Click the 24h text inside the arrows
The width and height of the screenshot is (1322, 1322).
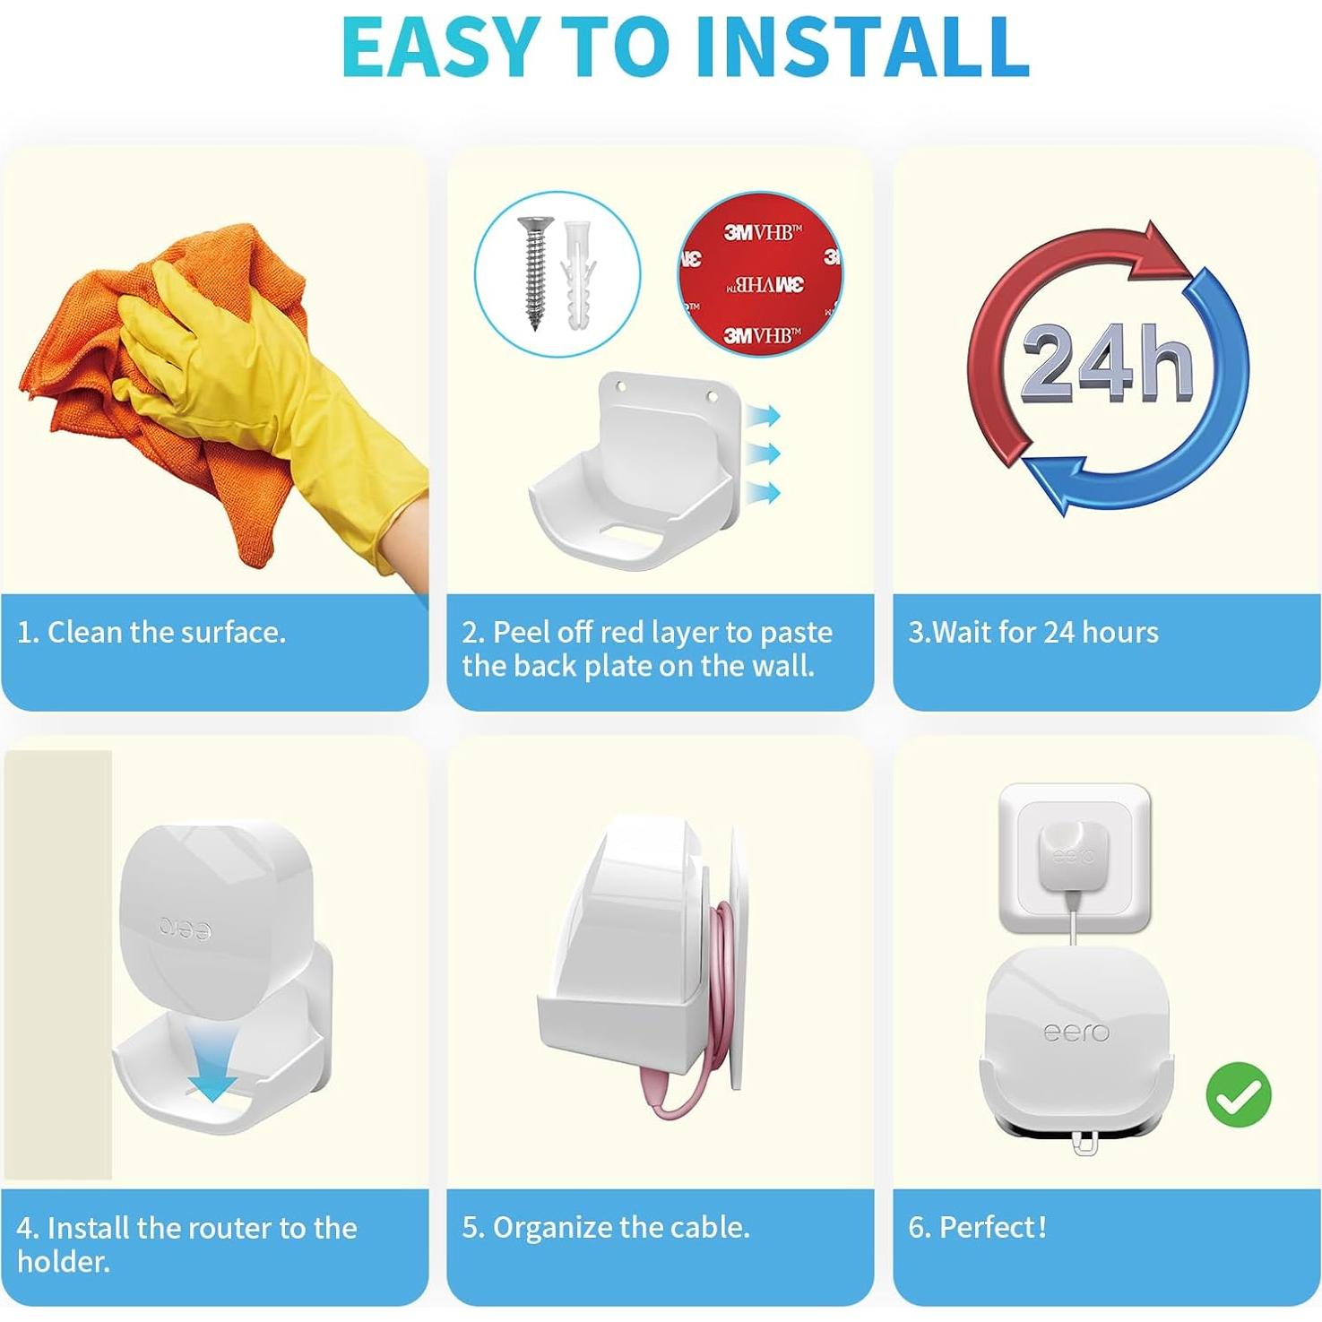(x=1107, y=363)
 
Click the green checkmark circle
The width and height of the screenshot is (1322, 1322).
(x=1239, y=1094)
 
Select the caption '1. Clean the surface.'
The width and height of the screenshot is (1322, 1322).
(x=151, y=633)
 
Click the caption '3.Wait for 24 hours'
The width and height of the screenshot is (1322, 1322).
(x=1033, y=633)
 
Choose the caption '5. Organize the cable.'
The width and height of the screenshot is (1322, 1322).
(x=606, y=1227)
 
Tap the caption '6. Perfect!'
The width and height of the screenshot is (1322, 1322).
(x=977, y=1227)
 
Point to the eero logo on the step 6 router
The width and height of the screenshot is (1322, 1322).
(x=1076, y=1033)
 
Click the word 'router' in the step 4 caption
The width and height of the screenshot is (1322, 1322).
(x=231, y=1228)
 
